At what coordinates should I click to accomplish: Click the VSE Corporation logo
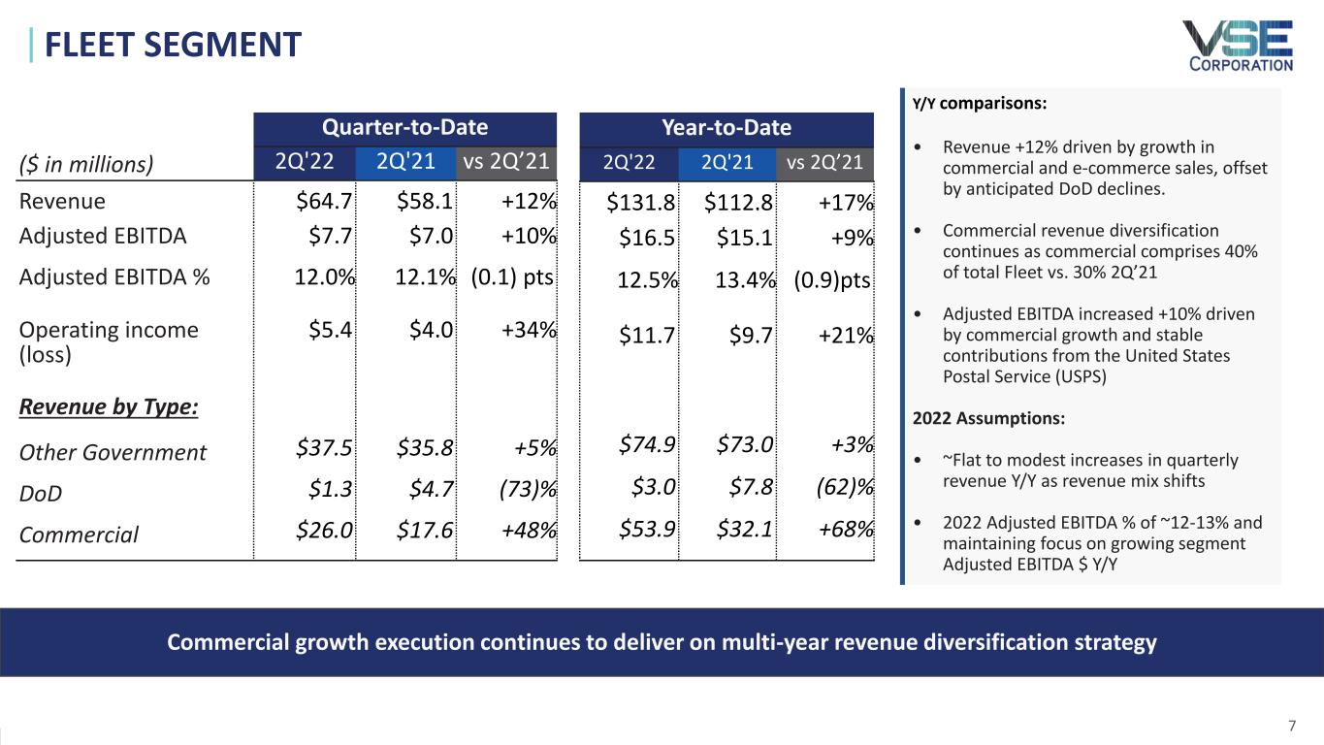1237,46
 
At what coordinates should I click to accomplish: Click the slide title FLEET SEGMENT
166,45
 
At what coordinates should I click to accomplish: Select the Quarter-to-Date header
404,128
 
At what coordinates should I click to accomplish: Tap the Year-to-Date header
726,128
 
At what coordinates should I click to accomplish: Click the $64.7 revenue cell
324,202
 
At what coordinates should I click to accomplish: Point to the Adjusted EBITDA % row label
114,276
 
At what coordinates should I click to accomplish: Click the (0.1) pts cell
512,276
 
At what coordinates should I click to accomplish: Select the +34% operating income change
529,330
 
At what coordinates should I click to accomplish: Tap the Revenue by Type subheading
109,406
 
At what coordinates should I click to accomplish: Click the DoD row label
41,494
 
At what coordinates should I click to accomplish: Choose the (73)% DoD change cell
524,493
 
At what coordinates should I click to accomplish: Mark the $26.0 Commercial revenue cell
324,534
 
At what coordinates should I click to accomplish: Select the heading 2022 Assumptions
988,419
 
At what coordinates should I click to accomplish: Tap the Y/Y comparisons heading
979,103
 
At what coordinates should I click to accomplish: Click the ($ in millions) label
86,164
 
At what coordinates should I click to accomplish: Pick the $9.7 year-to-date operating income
754,336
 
